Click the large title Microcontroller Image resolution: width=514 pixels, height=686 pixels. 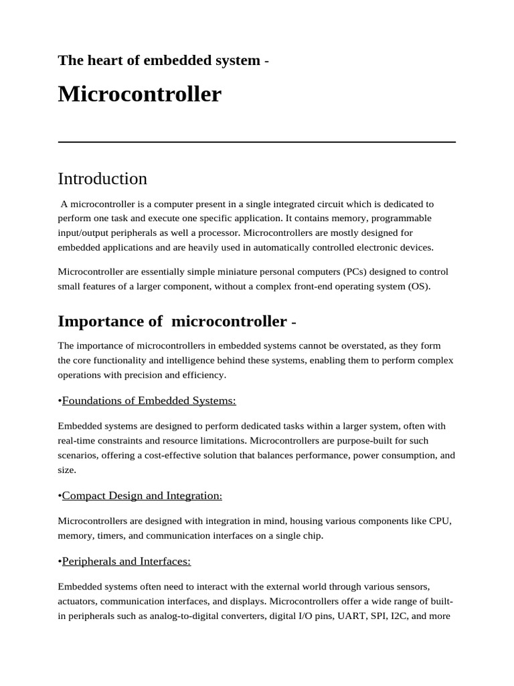(139, 94)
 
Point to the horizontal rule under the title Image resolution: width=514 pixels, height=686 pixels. (257, 142)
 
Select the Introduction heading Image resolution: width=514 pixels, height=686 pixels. (102, 179)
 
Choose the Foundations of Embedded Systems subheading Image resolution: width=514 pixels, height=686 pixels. (149, 401)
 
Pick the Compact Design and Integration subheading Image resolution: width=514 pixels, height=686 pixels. (141, 496)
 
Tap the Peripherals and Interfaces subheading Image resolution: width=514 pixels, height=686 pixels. (126, 561)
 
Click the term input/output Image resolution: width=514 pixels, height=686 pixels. (82, 233)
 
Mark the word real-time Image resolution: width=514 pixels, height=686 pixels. (77, 441)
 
